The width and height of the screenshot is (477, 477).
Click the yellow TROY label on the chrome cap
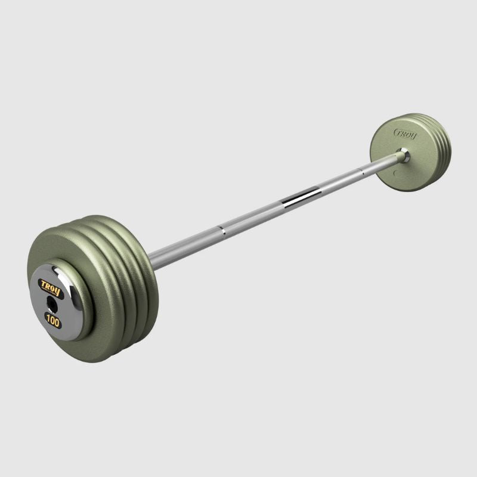point(51,285)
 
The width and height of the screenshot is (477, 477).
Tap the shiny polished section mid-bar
point(301,198)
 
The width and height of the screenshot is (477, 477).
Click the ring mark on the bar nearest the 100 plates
point(221,229)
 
